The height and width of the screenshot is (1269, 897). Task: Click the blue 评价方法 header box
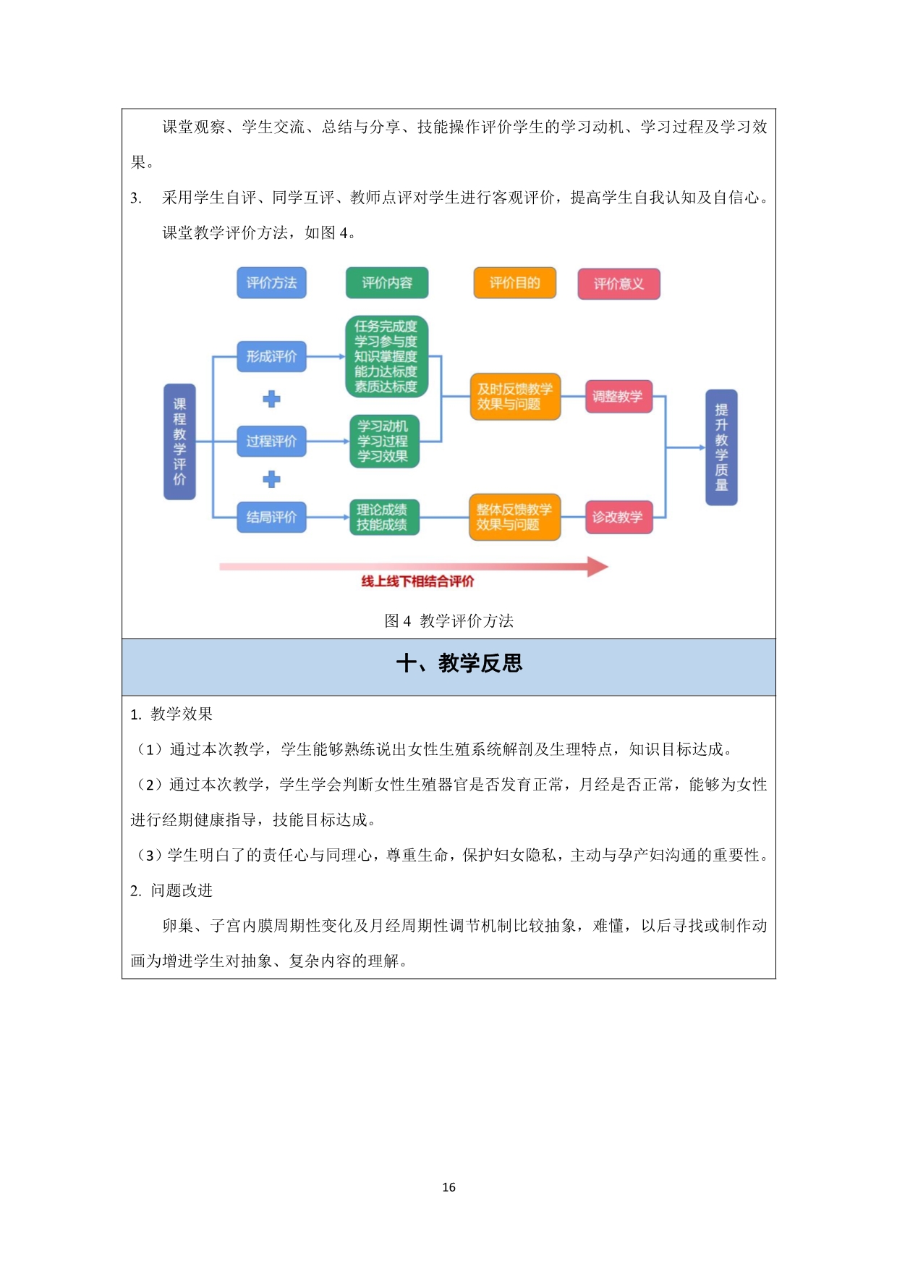click(271, 283)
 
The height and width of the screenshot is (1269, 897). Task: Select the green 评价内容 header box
click(387, 283)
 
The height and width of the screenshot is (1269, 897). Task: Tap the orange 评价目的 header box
click(515, 283)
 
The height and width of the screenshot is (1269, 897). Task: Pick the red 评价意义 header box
click(618, 284)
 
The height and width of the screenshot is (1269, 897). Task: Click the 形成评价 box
click(271, 357)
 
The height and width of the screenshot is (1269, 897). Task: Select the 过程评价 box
click(271, 441)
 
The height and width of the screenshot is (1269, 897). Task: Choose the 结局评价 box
click(271, 517)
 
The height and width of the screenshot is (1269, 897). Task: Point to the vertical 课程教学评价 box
click(179, 442)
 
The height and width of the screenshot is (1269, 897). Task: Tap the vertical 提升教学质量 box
click(721, 447)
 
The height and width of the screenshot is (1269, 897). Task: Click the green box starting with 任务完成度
click(386, 357)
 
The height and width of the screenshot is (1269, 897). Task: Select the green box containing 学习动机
click(384, 441)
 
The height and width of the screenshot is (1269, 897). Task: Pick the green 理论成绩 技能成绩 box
click(384, 517)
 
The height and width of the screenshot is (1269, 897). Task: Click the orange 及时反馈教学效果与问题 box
click(515, 397)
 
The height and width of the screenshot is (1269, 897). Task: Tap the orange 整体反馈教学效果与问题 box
click(515, 517)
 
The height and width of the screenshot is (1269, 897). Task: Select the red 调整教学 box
click(618, 397)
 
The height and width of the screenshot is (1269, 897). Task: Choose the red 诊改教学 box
click(618, 517)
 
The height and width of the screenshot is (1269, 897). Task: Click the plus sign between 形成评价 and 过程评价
click(271, 399)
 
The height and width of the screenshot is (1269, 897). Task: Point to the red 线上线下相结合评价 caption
click(417, 581)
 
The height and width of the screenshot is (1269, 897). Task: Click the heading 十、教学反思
click(459, 663)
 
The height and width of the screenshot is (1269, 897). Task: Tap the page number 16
click(448, 1187)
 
